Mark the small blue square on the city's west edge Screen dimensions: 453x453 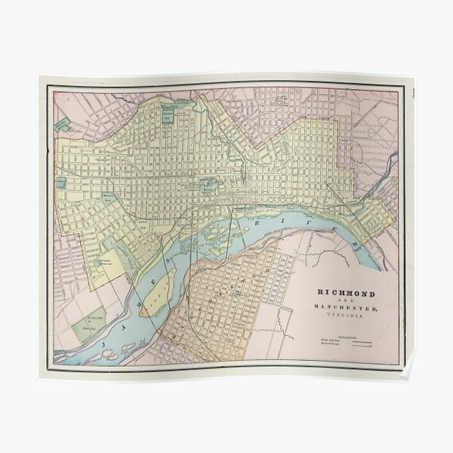tap(60, 183)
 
